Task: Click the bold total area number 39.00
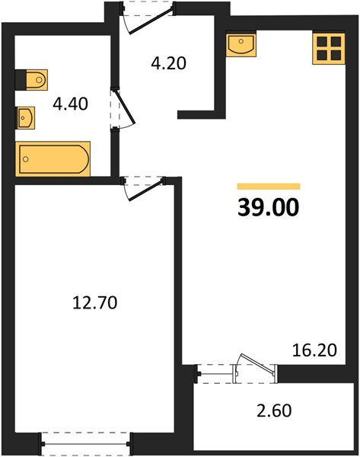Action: [x=268, y=207]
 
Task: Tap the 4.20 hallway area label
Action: [x=169, y=63]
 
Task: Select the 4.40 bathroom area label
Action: [x=70, y=104]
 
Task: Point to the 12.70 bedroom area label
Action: [x=94, y=302]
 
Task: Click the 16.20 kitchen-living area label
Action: [x=314, y=350]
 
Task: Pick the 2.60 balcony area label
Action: [x=274, y=411]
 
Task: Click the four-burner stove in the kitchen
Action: [x=329, y=49]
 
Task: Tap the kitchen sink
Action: [x=241, y=45]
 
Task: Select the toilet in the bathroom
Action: [x=37, y=79]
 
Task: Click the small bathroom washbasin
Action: [x=26, y=118]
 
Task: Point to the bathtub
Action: [x=53, y=159]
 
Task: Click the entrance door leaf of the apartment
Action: [x=151, y=21]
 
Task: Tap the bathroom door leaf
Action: [x=126, y=107]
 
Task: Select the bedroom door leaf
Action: [x=145, y=190]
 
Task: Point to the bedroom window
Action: [x=86, y=444]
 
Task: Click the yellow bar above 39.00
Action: [x=269, y=187]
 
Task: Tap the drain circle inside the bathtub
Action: [x=26, y=159]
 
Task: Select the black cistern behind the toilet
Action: [x=21, y=79]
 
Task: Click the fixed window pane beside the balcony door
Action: [x=215, y=374]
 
